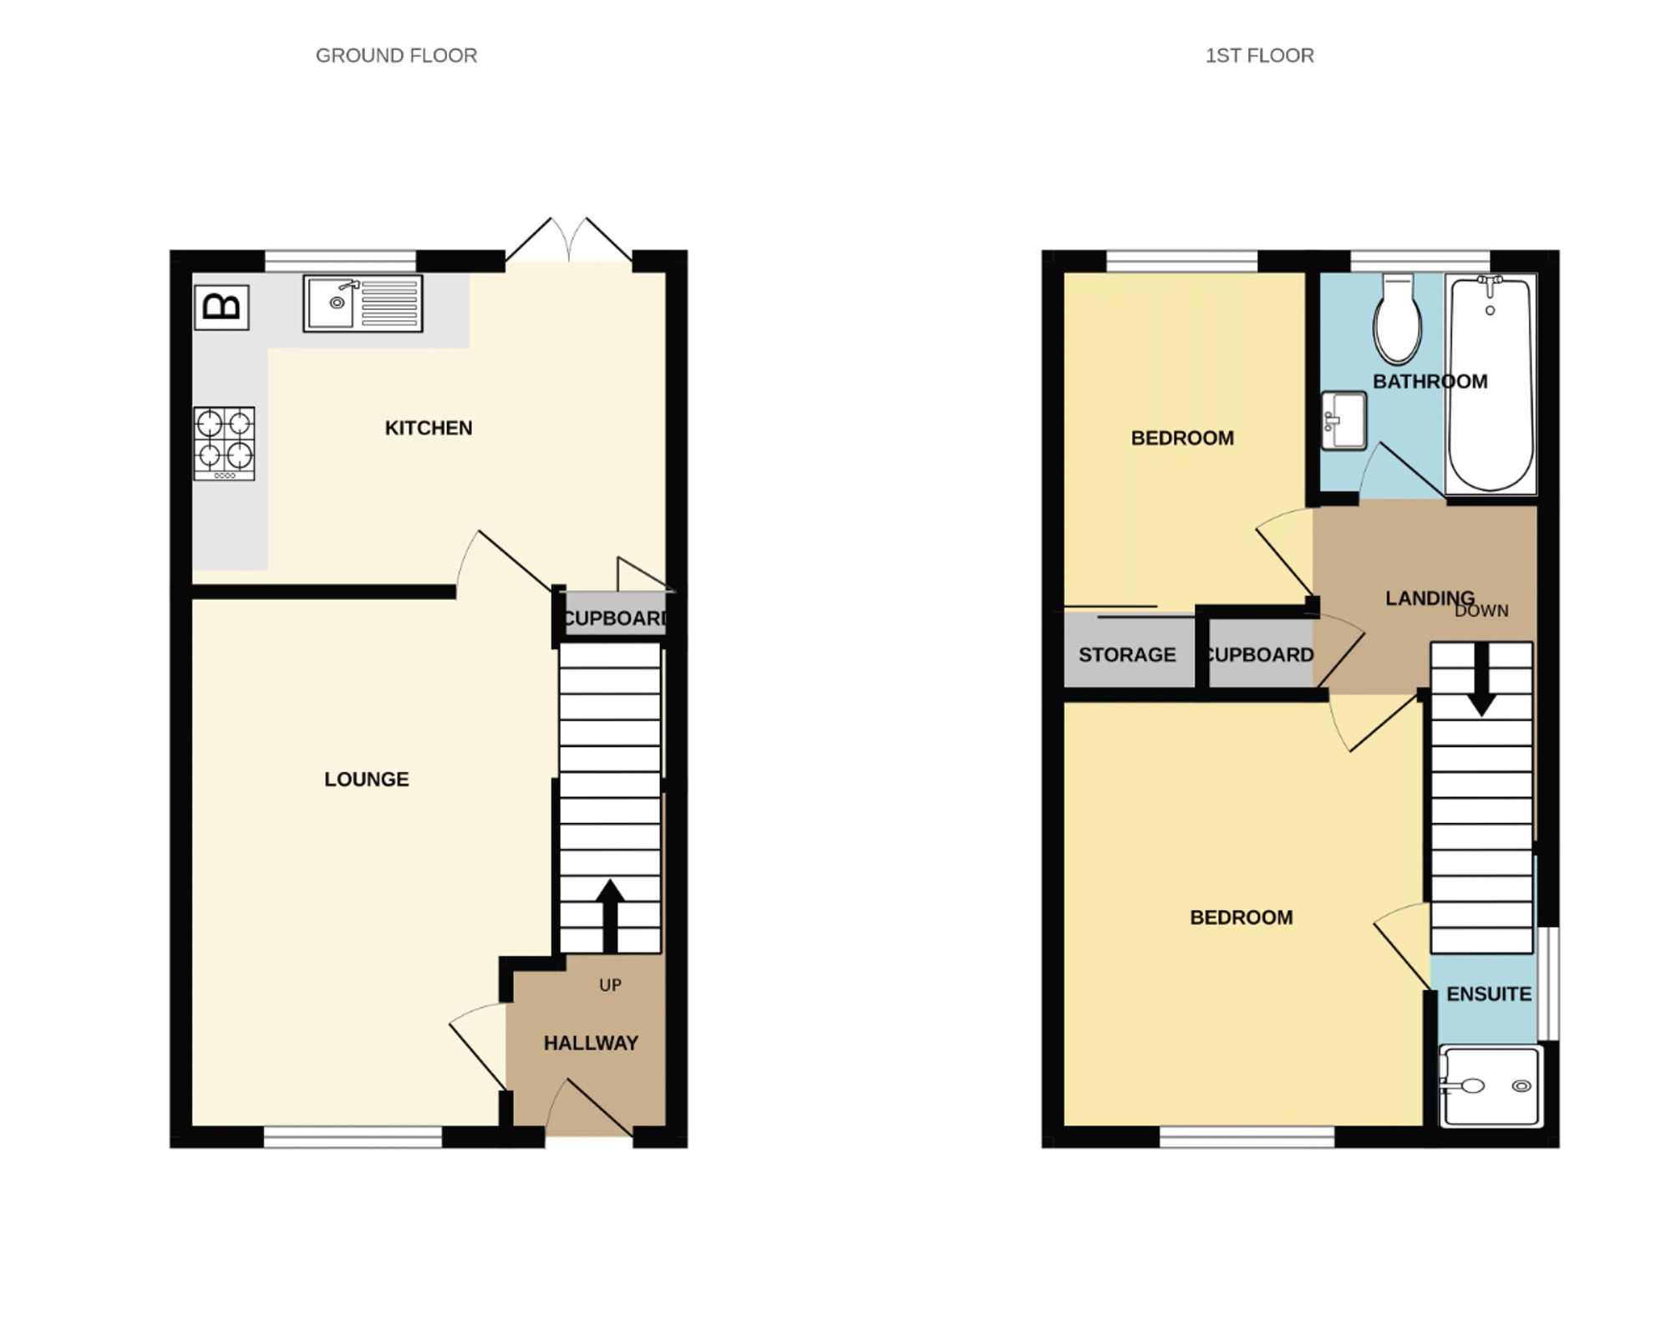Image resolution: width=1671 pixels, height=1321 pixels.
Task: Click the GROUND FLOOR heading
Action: (x=396, y=56)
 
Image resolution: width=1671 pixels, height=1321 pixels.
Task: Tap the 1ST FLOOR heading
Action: (x=1259, y=56)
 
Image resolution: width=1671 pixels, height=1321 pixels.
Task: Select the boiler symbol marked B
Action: (x=221, y=307)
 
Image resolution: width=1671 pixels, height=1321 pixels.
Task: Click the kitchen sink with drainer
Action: (x=363, y=303)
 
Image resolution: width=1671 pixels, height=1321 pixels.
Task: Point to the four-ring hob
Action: (x=224, y=443)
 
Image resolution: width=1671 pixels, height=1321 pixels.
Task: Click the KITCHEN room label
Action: (x=429, y=428)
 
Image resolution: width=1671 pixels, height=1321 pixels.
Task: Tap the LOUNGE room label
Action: (x=366, y=780)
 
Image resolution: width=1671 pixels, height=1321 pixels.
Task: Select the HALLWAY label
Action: (x=591, y=1043)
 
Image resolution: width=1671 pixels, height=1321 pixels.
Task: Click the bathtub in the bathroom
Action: (x=1491, y=384)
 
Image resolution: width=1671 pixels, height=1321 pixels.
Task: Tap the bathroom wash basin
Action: (x=1343, y=421)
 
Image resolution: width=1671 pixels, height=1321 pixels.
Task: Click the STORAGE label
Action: (x=1127, y=655)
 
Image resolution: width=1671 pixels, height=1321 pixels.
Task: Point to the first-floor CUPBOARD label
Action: (x=1259, y=655)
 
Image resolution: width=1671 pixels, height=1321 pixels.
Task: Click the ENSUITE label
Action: (x=1489, y=994)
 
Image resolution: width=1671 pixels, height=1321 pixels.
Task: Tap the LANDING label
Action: (x=1430, y=598)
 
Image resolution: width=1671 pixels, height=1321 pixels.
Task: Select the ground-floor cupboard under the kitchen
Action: (x=614, y=618)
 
